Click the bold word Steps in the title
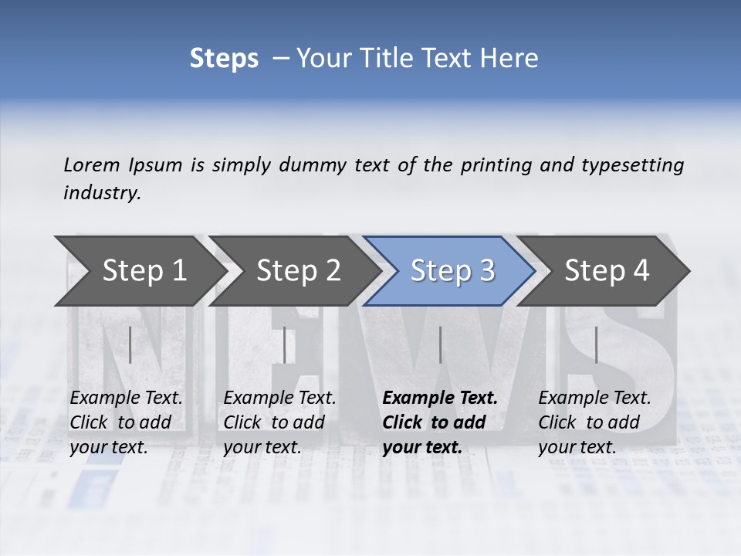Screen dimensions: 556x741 click(x=224, y=58)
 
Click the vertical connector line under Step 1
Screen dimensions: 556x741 click(x=130, y=344)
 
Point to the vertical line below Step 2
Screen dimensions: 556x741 click(x=285, y=344)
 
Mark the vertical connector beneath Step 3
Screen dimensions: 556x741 click(x=440, y=344)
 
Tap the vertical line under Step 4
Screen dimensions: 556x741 click(x=596, y=344)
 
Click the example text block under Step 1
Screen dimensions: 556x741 click(x=126, y=422)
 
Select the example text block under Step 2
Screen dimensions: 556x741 click(x=279, y=422)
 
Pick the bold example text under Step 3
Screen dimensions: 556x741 click(x=440, y=422)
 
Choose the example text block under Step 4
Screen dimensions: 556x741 click(x=594, y=422)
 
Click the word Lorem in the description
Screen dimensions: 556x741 click(x=92, y=164)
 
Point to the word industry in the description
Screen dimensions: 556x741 click(x=102, y=193)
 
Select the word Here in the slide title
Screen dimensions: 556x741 click(x=510, y=58)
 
